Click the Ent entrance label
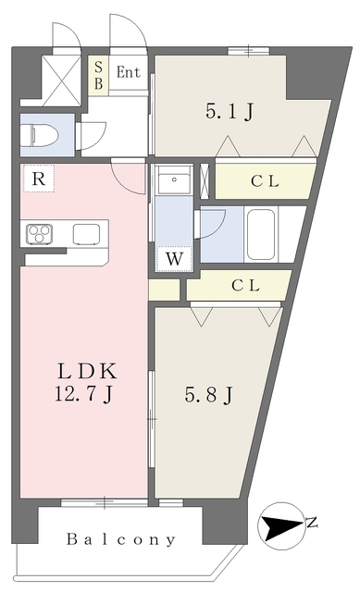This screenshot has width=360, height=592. click(x=128, y=72)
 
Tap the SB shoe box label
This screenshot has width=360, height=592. click(x=99, y=75)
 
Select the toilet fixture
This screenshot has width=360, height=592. click(x=40, y=134)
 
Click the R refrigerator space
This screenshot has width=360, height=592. click(x=39, y=179)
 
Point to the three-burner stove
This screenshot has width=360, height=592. click(x=39, y=234)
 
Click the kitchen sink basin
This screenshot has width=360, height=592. click(x=86, y=234)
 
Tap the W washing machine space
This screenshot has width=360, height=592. click(x=174, y=259)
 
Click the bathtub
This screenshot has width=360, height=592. click(x=261, y=234)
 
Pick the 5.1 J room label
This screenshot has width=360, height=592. click(x=230, y=112)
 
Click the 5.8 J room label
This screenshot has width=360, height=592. click(x=208, y=395)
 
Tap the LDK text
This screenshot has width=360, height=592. click(x=87, y=371)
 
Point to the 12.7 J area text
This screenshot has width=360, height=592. click(x=83, y=394)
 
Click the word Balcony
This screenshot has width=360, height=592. click(x=121, y=539)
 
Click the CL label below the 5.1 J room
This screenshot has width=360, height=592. click(x=266, y=181)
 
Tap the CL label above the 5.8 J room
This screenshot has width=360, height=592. click(x=245, y=286)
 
